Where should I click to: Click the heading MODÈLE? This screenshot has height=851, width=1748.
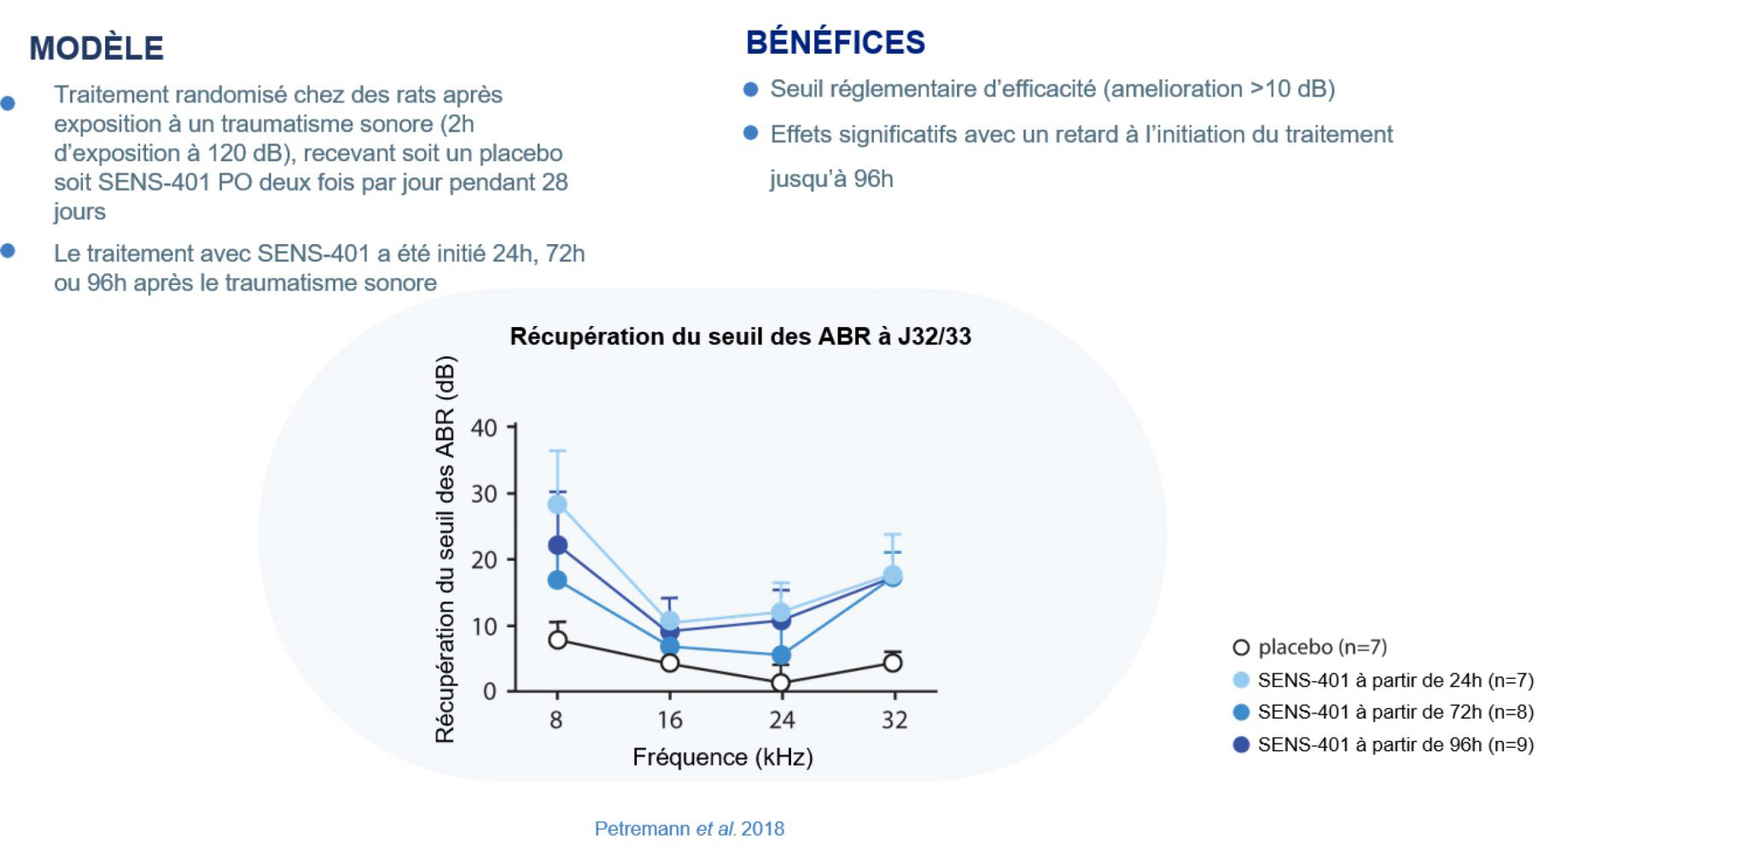[x=96, y=48]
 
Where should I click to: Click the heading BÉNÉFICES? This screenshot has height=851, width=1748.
[x=836, y=42]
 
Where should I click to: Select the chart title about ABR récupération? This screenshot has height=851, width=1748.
[x=740, y=336]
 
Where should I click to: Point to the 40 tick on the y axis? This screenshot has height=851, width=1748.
[x=484, y=428]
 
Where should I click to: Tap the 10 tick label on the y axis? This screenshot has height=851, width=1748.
[x=484, y=626]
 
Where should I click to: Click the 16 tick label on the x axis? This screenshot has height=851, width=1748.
[x=670, y=720]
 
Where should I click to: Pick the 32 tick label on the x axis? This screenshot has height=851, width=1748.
[x=894, y=720]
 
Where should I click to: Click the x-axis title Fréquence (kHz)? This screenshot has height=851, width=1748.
[x=722, y=757]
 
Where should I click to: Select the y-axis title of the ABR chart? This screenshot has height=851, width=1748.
[x=445, y=549]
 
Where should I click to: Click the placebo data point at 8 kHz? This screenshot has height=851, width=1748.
[x=557, y=639]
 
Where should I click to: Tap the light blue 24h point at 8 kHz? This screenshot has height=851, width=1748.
[x=557, y=504]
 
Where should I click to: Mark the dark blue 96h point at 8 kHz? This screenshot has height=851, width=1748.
[x=557, y=545]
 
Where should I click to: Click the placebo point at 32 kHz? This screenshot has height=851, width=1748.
[x=893, y=662]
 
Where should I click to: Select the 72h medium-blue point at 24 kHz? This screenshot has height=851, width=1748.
[x=781, y=656]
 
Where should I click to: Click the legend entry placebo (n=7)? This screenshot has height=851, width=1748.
[x=1310, y=647]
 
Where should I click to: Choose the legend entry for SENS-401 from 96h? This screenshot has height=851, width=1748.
[x=1384, y=744]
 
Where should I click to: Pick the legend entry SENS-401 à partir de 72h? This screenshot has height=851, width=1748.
[x=1384, y=712]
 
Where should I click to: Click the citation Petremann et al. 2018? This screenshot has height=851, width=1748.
[x=690, y=829]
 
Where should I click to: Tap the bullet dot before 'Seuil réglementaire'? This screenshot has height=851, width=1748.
[x=751, y=89]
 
